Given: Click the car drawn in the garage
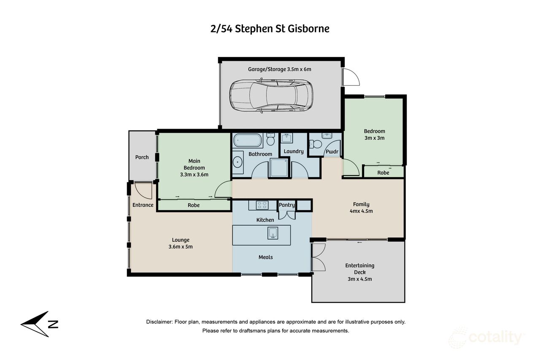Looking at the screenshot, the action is tap(271, 95).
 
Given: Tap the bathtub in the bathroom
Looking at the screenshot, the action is tap(248, 140).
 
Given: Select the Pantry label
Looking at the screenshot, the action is tap(286, 205).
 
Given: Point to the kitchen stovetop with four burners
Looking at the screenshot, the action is tap(262, 205).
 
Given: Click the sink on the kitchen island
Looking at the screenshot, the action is tap(273, 233).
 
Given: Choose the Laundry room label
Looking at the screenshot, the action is tap(293, 152).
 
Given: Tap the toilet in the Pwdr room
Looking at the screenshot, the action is tap(316, 144).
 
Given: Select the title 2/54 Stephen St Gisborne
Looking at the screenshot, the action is tap(270, 29).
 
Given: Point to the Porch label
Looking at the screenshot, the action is tap(142, 157).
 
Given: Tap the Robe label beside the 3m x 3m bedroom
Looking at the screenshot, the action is tap(383, 173).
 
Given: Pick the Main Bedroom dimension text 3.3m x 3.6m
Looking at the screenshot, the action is tap(194, 174).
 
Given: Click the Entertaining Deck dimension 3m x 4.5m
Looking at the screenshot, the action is tap(359, 279).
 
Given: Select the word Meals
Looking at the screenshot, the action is tap(265, 257).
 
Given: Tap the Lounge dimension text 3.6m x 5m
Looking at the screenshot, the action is tap(180, 246).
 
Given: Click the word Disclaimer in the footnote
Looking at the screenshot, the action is tap(159, 322).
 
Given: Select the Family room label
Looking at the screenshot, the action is tap(361, 204).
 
